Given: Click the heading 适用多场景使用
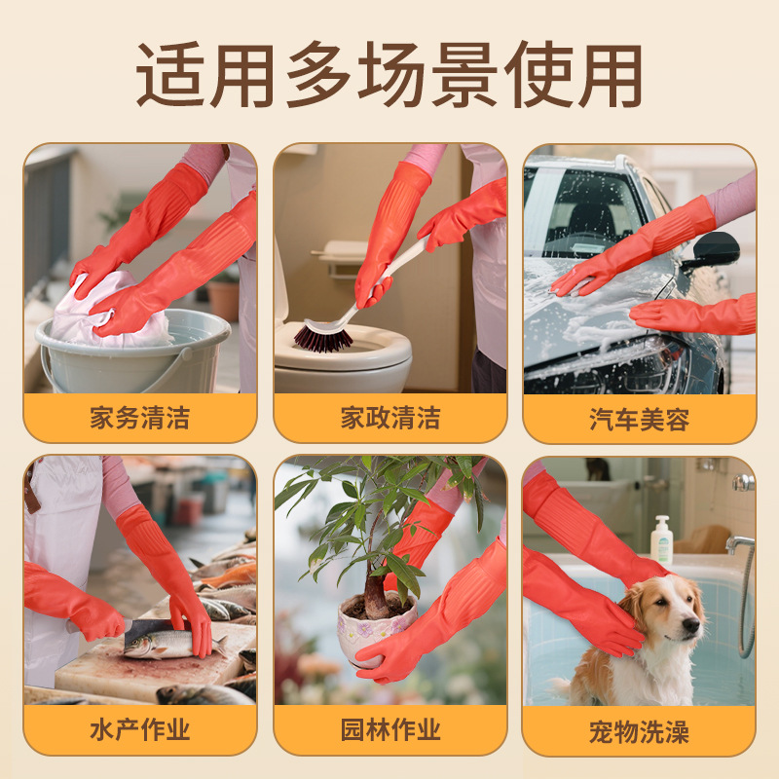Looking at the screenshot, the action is click(x=389, y=75).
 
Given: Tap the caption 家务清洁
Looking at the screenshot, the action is click(x=140, y=418).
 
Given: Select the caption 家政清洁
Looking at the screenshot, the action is click(x=390, y=418).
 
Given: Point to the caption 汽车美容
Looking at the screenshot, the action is click(x=640, y=420).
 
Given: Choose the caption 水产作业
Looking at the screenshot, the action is click(x=140, y=729).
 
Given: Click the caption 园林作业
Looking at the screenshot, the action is click(x=390, y=729).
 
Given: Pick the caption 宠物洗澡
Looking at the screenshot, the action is click(x=640, y=731).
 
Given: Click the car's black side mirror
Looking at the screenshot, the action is click(x=714, y=251).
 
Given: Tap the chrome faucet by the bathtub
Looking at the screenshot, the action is click(x=740, y=544).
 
